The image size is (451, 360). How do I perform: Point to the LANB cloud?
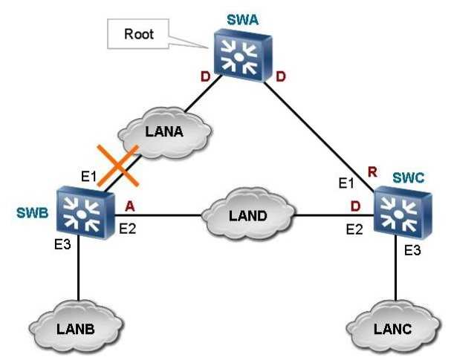(77, 327)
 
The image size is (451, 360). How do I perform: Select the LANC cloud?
(392, 327)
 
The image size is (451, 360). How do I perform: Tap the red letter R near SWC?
(371, 173)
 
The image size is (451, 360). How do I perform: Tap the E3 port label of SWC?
(412, 252)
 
